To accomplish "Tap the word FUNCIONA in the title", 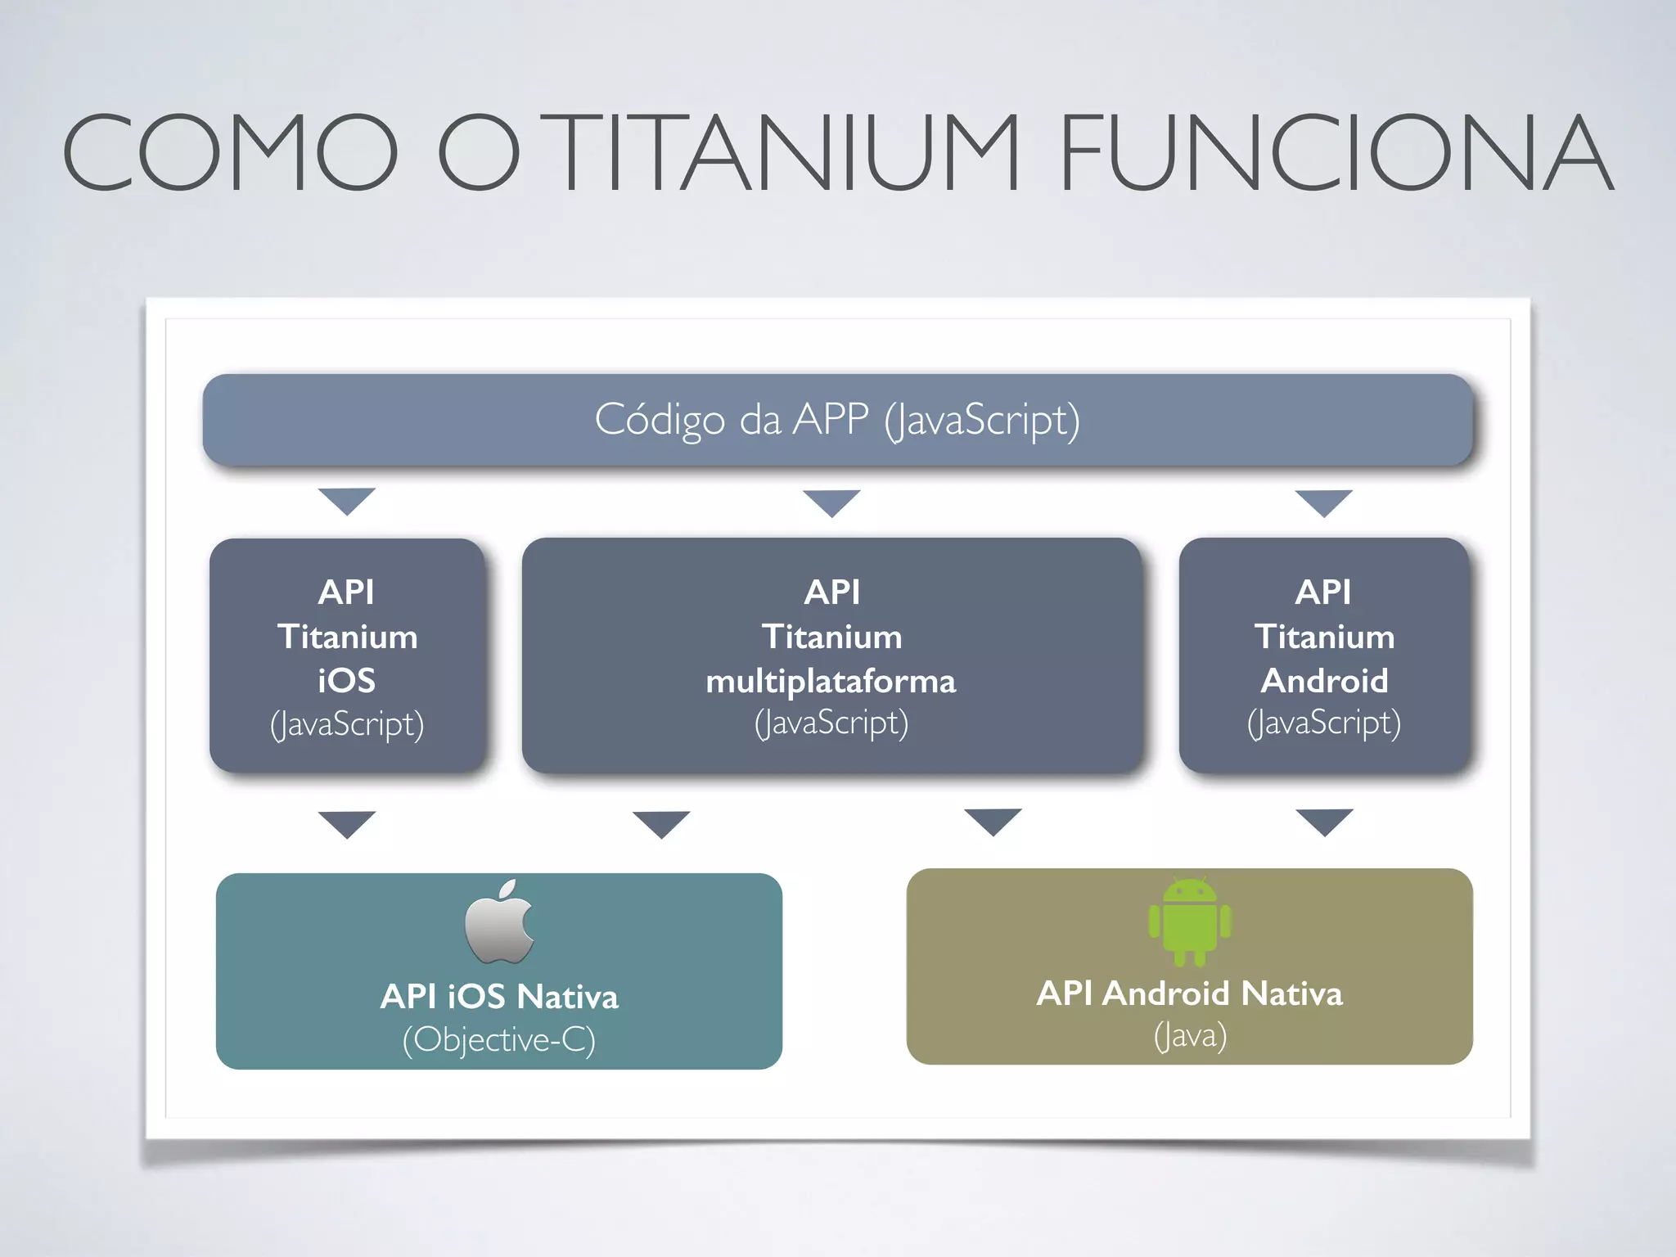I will click(x=1336, y=154).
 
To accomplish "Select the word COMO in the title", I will click(x=230, y=154).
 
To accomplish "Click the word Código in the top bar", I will click(x=660, y=421).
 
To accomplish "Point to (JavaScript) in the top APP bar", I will click(x=982, y=421).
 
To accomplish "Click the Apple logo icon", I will click(x=499, y=921).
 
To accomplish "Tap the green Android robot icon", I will click(x=1189, y=921).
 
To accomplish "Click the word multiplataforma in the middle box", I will click(x=831, y=681).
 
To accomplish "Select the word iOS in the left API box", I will click(x=347, y=681).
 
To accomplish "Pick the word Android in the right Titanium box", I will click(x=1324, y=681).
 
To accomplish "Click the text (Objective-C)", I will click(x=498, y=1039).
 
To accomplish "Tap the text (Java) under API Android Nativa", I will click(x=1190, y=1036).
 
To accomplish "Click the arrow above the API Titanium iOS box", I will click(x=347, y=500).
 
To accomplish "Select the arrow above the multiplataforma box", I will click(x=831, y=502).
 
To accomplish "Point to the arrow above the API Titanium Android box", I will click(x=1324, y=502).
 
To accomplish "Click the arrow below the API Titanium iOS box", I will click(x=347, y=822).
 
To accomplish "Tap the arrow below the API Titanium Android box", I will click(x=1324, y=821).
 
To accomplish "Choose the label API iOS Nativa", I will click(x=499, y=997).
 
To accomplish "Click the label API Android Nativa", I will click(x=1189, y=993).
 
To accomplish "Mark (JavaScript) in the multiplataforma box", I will click(x=831, y=723).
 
